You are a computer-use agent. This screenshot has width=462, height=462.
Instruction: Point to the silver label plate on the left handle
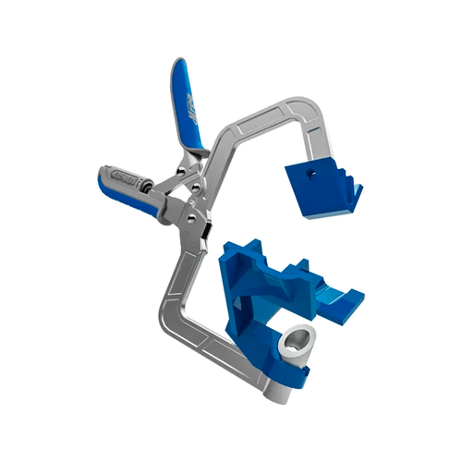coord(121,175)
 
